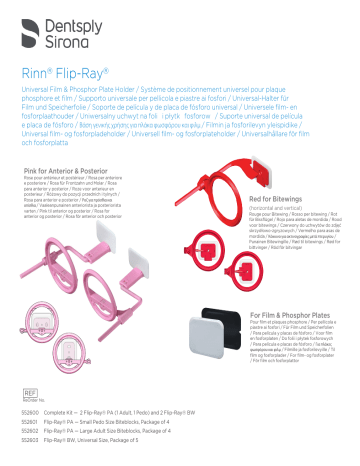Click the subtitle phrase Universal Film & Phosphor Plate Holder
tap(84, 95)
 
